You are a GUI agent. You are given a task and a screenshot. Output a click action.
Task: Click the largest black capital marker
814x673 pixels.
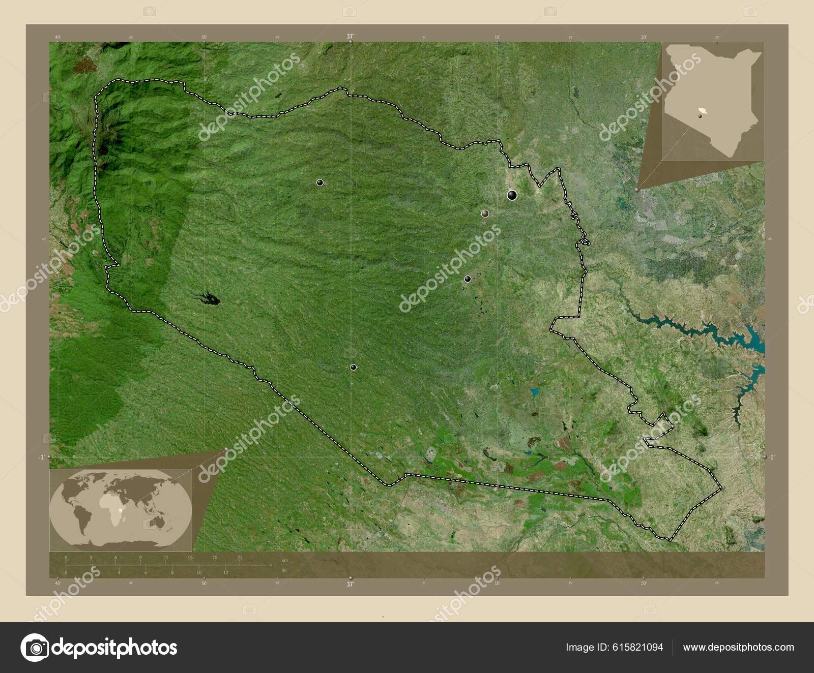(x=512, y=195)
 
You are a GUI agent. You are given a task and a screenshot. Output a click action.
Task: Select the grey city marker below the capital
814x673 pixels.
(x=485, y=213)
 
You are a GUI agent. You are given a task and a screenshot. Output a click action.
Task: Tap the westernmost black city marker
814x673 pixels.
(x=320, y=182)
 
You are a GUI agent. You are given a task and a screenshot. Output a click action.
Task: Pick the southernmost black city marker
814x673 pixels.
(x=353, y=367)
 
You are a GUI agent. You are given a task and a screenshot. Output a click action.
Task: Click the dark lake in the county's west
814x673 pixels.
(x=209, y=299)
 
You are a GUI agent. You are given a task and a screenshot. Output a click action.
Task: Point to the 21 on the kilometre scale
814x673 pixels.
(x=240, y=558)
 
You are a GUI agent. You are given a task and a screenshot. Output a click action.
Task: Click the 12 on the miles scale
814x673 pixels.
(x=225, y=572)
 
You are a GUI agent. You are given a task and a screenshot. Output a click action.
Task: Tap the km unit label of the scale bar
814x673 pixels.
(x=284, y=560)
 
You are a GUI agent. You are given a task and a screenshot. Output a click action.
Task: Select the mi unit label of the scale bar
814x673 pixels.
(x=283, y=570)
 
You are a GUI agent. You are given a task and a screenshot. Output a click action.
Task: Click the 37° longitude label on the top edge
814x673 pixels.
(x=350, y=36)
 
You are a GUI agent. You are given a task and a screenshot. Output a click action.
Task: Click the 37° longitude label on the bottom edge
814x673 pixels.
(x=350, y=585)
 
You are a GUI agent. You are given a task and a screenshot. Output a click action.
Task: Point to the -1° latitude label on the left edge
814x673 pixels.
(x=41, y=457)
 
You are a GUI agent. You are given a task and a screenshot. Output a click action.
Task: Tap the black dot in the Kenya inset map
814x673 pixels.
(x=700, y=116)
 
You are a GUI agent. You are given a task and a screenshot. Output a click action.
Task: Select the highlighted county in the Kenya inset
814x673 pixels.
(x=704, y=111)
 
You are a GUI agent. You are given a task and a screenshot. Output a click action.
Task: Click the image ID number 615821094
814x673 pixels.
(x=638, y=647)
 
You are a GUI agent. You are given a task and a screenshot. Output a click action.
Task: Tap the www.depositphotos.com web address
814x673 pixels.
(x=738, y=647)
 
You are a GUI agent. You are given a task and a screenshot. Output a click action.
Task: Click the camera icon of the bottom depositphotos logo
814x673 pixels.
(x=35, y=648)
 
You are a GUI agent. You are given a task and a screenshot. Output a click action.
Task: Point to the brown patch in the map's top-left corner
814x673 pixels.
(x=84, y=65)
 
